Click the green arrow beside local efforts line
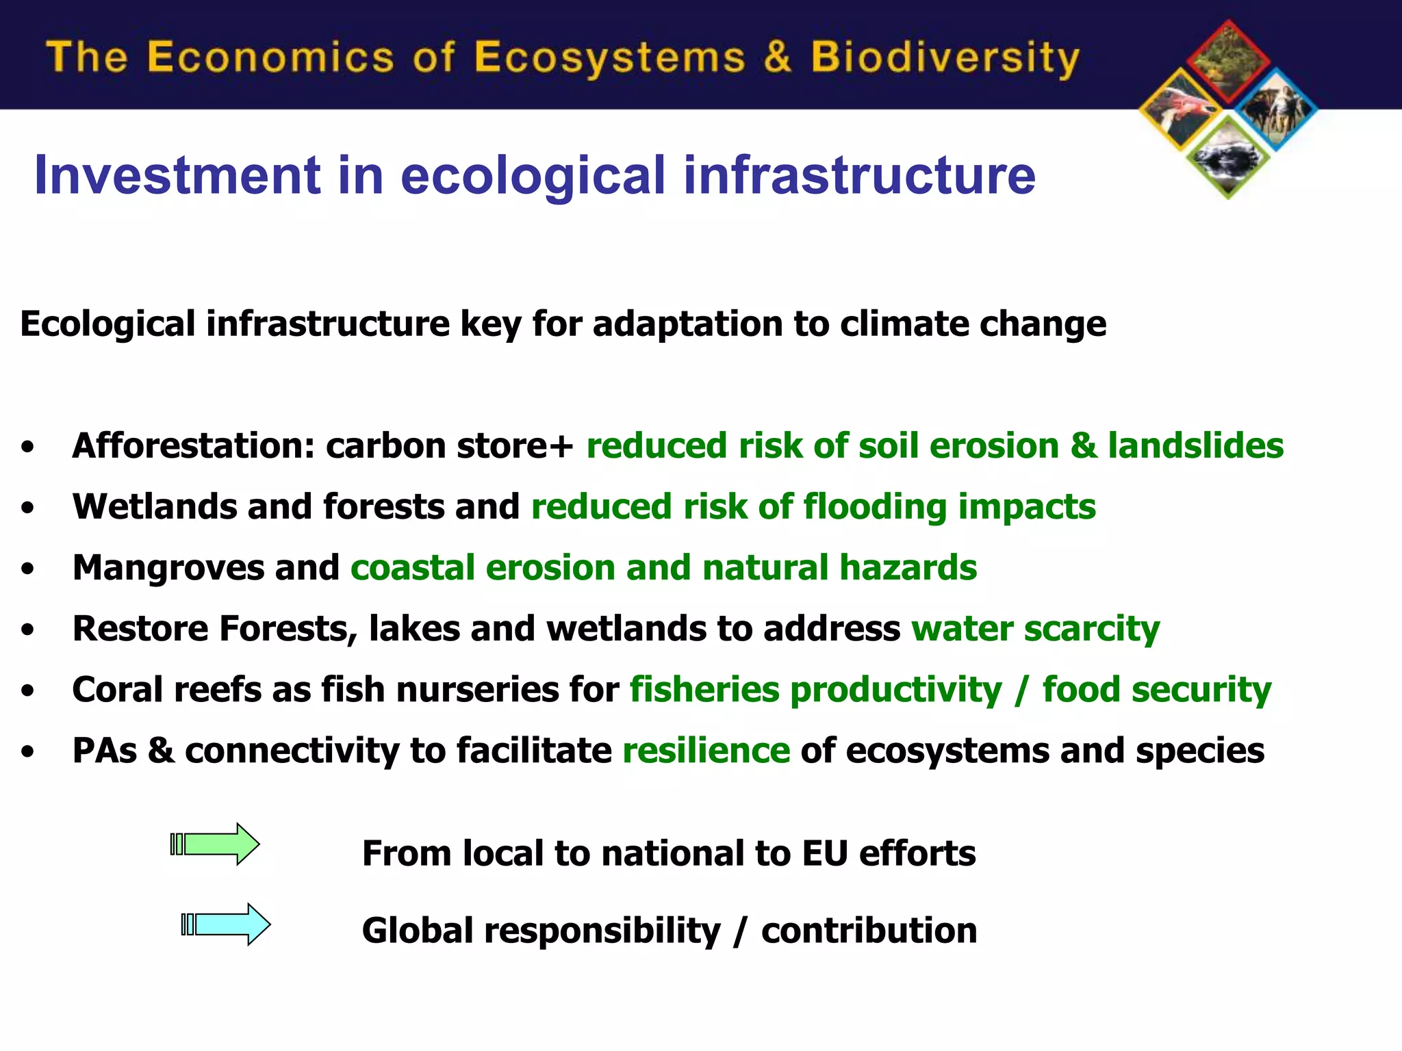[215, 844]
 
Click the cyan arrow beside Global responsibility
[226, 924]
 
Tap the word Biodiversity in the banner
[945, 57]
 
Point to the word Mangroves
[168, 568]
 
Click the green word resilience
[706, 751]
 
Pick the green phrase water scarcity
[1035, 629]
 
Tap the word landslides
[1195, 446]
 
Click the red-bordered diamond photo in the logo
[1228, 62]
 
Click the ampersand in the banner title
[777, 57]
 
